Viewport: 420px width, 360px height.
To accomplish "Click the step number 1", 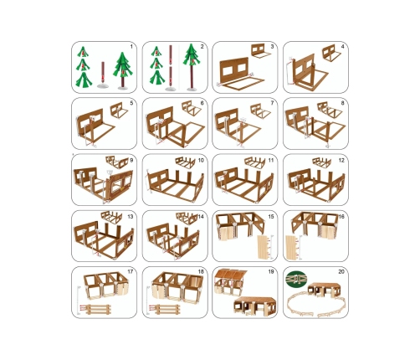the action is tap(131, 47).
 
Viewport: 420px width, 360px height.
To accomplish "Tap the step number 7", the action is tap(272, 103).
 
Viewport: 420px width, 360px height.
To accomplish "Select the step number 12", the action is tap(341, 160).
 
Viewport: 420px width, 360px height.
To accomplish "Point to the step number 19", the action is tap(271, 271).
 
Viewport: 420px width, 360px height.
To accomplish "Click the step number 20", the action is tap(341, 271).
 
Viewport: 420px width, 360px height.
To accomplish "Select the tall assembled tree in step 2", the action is tap(192, 67).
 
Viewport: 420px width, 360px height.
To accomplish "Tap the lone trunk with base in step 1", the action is tap(103, 75).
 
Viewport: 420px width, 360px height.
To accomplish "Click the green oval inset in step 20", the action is tap(296, 279).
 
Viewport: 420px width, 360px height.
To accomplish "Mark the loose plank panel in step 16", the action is tap(292, 248).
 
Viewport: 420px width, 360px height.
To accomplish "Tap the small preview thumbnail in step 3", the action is tap(261, 51).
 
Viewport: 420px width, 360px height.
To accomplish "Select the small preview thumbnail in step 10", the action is tap(186, 163).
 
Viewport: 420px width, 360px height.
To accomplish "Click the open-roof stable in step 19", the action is tap(229, 282).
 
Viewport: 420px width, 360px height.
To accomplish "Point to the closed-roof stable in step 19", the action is tap(255, 306).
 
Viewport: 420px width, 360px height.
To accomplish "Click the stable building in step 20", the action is tap(325, 290).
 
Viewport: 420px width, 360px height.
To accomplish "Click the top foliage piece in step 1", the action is tap(83, 52).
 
